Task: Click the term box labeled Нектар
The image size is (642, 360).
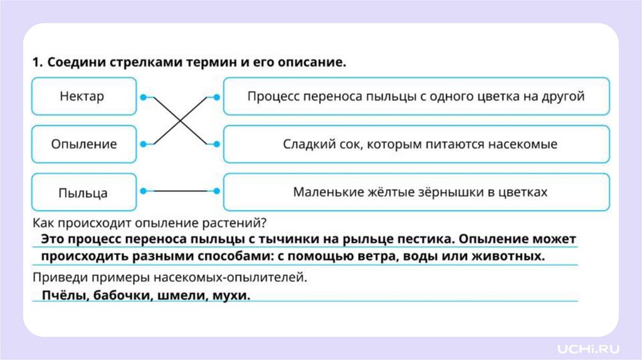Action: click(x=83, y=97)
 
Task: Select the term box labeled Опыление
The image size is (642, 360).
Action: click(x=83, y=144)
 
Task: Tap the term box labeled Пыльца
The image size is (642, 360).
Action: click(x=83, y=192)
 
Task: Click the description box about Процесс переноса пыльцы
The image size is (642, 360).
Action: click(x=416, y=97)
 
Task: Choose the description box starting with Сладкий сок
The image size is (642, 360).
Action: click(x=416, y=144)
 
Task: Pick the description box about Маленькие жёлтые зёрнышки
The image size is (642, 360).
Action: click(x=416, y=192)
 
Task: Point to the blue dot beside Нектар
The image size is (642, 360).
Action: click(x=144, y=97)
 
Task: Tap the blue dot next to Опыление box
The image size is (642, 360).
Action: click(x=144, y=144)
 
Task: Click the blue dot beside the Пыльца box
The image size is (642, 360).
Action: click(x=144, y=191)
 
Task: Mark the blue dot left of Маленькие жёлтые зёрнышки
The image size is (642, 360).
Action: click(x=217, y=191)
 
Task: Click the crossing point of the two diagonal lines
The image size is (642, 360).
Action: click(x=180, y=120)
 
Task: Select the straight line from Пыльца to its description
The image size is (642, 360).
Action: click(x=180, y=191)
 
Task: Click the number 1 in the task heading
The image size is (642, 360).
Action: click(x=36, y=63)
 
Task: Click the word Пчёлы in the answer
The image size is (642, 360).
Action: click(x=60, y=295)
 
